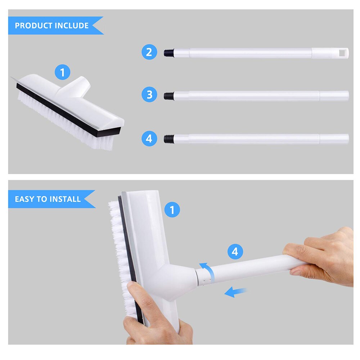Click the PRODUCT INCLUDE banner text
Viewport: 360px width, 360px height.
pyautogui.click(x=51, y=26)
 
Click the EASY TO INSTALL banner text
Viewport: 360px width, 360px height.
pyautogui.click(x=48, y=199)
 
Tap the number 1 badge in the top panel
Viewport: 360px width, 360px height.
pyautogui.click(x=63, y=73)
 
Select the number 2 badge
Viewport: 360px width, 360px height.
pyautogui.click(x=149, y=53)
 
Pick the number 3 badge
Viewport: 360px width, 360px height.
pyautogui.click(x=149, y=95)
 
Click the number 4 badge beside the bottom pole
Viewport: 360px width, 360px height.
pyautogui.click(x=149, y=139)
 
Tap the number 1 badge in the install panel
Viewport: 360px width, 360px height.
pyautogui.click(x=172, y=210)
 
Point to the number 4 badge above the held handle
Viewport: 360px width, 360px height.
pyautogui.click(x=235, y=252)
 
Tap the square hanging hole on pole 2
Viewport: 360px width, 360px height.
pyautogui.click(x=343, y=53)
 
